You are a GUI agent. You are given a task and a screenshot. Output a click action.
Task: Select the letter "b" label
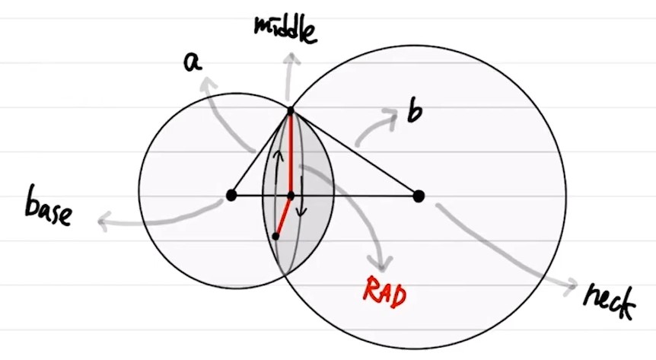click(414, 113)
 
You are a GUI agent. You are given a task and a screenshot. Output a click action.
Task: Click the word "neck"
click(609, 300)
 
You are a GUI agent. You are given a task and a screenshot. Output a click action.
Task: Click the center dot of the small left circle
click(231, 196)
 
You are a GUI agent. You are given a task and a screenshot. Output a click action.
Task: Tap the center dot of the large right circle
click(418, 196)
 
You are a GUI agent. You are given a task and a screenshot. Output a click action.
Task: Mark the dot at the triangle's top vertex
click(290, 112)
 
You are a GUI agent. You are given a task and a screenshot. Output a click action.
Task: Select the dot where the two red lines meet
click(290, 196)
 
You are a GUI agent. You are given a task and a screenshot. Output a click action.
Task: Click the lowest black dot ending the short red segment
click(275, 236)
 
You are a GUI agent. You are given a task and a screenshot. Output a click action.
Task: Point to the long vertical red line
click(290, 152)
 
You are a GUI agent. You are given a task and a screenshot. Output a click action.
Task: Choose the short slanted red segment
click(282, 216)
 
